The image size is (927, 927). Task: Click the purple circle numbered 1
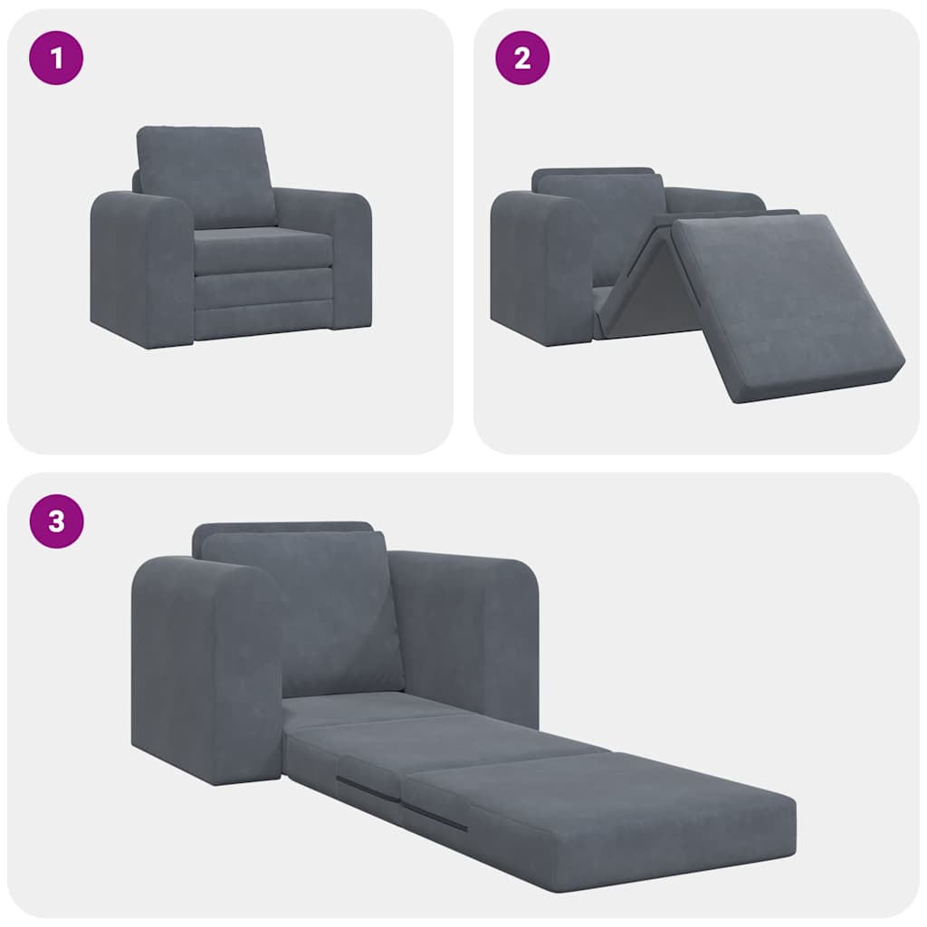[56, 58]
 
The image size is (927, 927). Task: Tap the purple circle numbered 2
[522, 58]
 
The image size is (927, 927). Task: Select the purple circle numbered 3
[56, 521]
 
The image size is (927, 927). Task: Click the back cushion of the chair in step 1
[205, 176]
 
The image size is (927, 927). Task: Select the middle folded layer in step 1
[263, 288]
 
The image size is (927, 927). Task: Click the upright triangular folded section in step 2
[645, 281]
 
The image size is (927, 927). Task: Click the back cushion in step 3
[303, 611]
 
